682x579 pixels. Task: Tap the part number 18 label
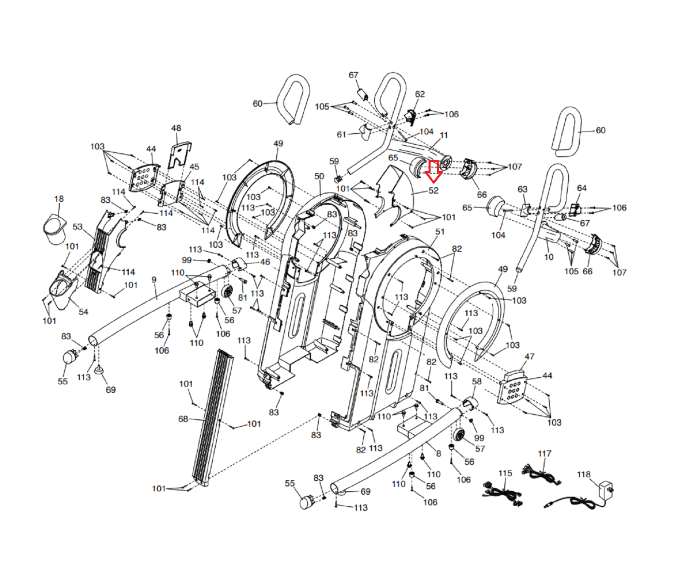click(59, 199)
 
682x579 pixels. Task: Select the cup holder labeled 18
click(55, 229)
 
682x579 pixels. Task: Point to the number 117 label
click(544, 454)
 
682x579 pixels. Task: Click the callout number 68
click(183, 419)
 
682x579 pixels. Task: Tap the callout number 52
click(433, 190)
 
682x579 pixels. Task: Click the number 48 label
click(176, 128)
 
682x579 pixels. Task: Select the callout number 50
click(319, 176)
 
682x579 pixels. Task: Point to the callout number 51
click(440, 232)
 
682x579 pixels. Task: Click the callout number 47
click(529, 356)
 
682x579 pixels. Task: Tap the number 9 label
click(154, 280)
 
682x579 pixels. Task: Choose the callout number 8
click(439, 453)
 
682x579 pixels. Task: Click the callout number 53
click(78, 226)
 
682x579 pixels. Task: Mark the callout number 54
click(84, 312)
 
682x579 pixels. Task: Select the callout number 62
click(420, 94)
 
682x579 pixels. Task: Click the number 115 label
click(505, 473)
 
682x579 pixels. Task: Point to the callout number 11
click(444, 135)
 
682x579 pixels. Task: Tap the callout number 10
click(549, 257)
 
